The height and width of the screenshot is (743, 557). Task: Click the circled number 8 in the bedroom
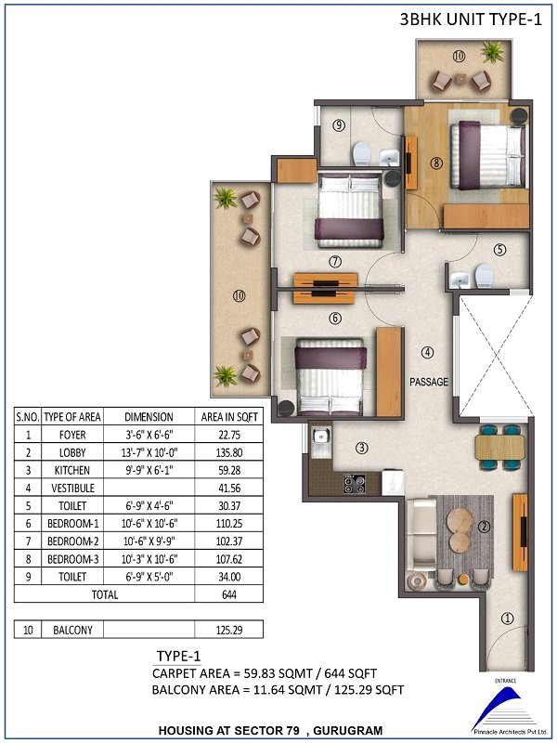(x=436, y=163)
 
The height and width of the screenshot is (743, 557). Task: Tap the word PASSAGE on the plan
(x=429, y=382)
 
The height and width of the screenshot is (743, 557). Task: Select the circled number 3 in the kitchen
(x=362, y=448)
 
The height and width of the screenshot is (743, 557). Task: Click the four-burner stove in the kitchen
(x=354, y=484)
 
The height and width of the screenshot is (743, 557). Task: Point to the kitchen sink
(x=321, y=442)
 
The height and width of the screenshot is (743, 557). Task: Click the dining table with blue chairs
(x=499, y=448)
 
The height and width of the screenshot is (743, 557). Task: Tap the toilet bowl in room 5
(x=484, y=275)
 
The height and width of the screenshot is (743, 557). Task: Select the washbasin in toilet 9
(x=390, y=157)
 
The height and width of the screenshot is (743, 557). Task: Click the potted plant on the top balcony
(x=493, y=51)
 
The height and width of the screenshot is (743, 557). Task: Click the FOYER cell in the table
(x=72, y=435)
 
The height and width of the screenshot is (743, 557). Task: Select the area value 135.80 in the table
(x=229, y=452)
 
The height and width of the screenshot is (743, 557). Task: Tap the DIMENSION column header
(x=149, y=417)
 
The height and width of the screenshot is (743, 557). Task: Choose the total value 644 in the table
(x=229, y=594)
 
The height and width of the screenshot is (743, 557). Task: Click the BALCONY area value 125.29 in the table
(x=229, y=631)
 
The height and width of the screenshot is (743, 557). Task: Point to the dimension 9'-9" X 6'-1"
(x=149, y=470)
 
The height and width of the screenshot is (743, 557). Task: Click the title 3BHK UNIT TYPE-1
(x=471, y=20)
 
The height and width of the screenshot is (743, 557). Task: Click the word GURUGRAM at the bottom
(x=347, y=730)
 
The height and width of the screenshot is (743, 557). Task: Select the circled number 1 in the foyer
(x=507, y=618)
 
